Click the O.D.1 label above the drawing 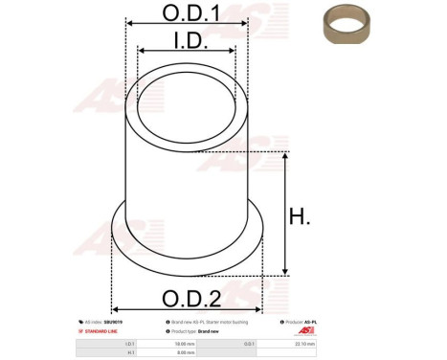point(186,12)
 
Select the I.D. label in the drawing point(187,39)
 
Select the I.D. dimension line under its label point(186,52)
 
